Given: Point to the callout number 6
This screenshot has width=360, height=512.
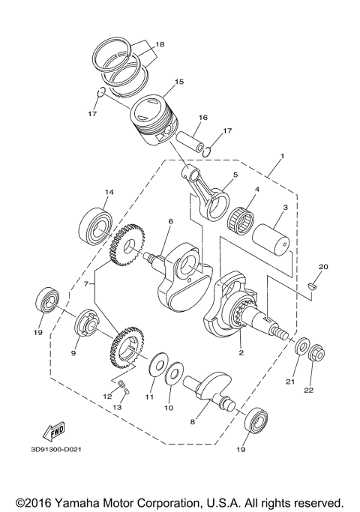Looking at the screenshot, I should click(x=170, y=221).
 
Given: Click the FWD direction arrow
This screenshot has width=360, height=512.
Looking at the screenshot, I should click(x=55, y=431).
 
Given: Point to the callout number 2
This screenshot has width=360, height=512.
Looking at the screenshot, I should click(x=241, y=352).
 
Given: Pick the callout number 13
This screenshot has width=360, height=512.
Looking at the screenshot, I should click(x=117, y=406).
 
